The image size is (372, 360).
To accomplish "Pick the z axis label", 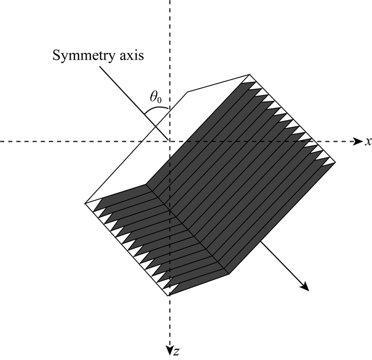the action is click(175, 351).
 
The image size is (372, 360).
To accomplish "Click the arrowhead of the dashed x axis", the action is click(357, 141).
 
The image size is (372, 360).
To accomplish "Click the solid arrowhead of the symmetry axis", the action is click(305, 287).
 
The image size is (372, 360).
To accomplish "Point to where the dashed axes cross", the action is click(169, 141).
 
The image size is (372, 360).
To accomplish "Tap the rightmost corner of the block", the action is click(335, 161).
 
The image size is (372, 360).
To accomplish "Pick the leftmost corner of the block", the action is click(85, 203).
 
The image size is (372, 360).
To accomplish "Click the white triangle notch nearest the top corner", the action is click(253, 82).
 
